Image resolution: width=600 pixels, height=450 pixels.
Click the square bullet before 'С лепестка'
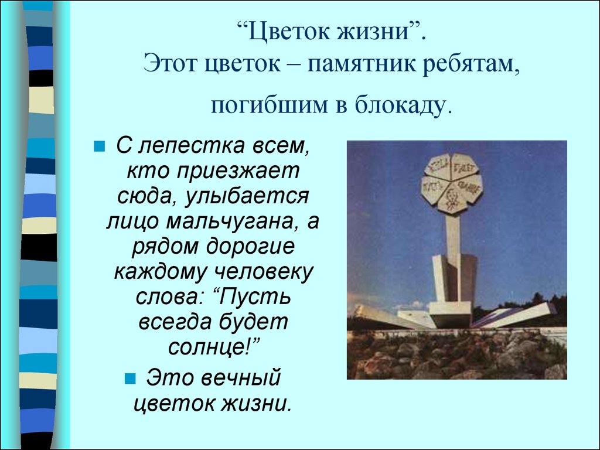click(x=99, y=146)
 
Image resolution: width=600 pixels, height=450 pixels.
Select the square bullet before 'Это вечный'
click(x=130, y=379)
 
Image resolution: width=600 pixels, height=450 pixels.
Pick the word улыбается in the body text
click(x=247, y=196)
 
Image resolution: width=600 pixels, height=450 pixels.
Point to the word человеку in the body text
click(x=262, y=272)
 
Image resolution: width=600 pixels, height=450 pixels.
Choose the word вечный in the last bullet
click(x=240, y=377)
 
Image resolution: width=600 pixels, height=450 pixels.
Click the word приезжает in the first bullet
click(x=238, y=171)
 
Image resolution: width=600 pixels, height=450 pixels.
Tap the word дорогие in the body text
click(x=251, y=247)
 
